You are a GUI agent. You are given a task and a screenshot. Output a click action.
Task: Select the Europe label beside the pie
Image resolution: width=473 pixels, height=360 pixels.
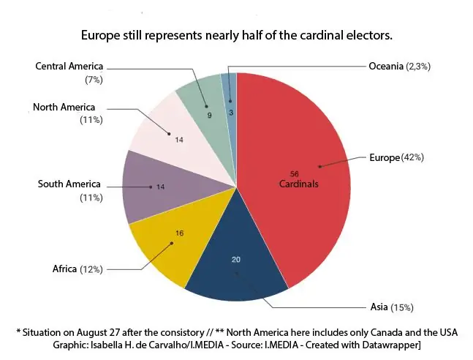pos(384,157)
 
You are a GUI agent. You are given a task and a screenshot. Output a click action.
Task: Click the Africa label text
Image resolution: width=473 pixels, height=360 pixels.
pos(64,269)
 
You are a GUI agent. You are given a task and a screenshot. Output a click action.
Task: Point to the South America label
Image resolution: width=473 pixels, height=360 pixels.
pos(69,184)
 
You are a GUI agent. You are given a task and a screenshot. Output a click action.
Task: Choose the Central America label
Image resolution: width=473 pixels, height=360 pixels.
pos(69,67)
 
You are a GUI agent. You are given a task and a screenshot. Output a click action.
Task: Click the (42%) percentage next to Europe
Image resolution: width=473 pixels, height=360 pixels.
pos(412,157)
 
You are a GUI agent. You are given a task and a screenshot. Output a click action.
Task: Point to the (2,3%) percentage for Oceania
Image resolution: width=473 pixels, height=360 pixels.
pos(419,67)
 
